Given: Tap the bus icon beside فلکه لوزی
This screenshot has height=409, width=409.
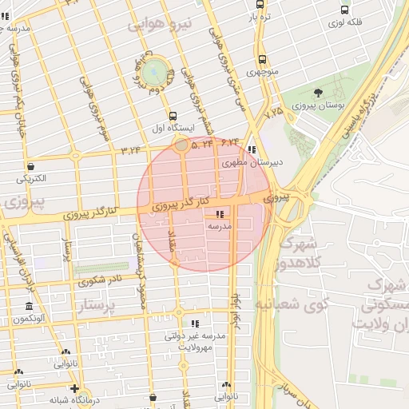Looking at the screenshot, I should (x=344, y=10).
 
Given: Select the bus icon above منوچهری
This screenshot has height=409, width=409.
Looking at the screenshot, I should (x=262, y=59).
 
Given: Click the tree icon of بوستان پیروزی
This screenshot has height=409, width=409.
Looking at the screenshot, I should (x=319, y=93).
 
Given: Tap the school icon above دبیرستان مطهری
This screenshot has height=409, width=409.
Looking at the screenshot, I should (x=252, y=149).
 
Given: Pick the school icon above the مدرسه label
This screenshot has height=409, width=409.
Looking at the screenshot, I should (x=220, y=214).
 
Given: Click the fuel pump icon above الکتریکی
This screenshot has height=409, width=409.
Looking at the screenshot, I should (x=30, y=166).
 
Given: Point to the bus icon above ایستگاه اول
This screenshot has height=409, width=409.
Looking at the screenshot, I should (x=163, y=117).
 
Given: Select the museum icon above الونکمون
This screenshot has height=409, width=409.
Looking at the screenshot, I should (x=30, y=307).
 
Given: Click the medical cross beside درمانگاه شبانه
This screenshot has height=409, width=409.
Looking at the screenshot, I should (x=74, y=388).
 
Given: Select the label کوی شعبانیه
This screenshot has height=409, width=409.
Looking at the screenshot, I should (x=288, y=304).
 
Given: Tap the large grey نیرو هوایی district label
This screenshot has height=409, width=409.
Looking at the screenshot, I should (x=161, y=25).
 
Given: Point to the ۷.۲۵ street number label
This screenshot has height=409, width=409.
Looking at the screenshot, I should (x=273, y=113).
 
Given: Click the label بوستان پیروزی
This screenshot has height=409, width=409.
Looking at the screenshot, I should (x=318, y=105).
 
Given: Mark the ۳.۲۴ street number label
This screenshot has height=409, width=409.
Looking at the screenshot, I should (x=130, y=149).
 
